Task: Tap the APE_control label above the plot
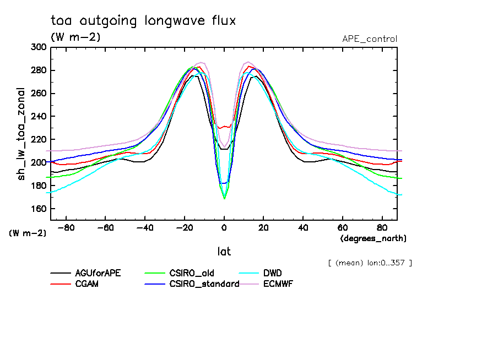pyautogui.click(x=369, y=39)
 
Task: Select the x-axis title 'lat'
pyautogui.click(x=224, y=252)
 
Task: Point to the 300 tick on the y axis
pyautogui.click(x=39, y=47)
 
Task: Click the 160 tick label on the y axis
pyautogui.click(x=39, y=209)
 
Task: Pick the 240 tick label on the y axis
pyautogui.click(x=39, y=117)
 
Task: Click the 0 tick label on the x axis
pyautogui.click(x=224, y=227)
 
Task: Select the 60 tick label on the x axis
pyautogui.click(x=343, y=227)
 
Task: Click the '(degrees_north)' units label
pyautogui.click(x=373, y=238)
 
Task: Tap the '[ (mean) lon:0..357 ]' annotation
pyautogui.click(x=370, y=263)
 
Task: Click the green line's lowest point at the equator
pyautogui.click(x=224, y=198)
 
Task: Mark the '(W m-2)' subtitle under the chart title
pyautogui.click(x=75, y=37)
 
